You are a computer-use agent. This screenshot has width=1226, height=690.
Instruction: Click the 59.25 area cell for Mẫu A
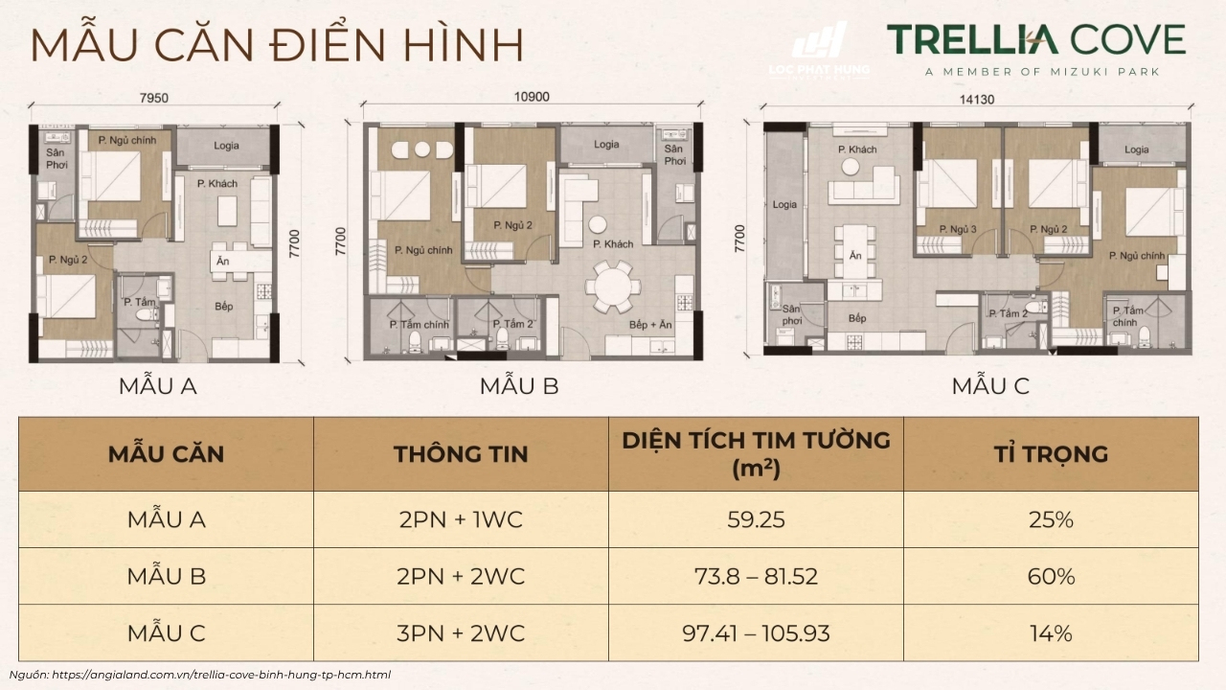point(756,520)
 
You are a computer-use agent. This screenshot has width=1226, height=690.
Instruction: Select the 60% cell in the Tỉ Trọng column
point(1050,577)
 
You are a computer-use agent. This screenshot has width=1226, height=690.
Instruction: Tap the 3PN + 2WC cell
point(461,633)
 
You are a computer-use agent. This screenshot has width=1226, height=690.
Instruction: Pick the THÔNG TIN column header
point(461,453)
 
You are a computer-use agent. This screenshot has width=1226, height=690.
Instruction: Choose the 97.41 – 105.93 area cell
point(756,633)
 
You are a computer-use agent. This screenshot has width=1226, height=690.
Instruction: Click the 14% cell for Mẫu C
point(1050,633)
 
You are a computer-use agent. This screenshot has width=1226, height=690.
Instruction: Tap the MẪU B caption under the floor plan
point(519,386)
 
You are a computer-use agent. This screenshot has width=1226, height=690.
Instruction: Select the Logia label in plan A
point(221,146)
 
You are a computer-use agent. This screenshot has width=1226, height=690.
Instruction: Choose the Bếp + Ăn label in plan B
point(651,325)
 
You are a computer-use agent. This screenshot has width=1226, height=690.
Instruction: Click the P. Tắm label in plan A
point(140,302)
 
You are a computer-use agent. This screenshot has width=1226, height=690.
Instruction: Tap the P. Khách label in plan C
point(857,149)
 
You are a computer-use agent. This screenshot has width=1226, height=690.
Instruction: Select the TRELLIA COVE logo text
point(1035,40)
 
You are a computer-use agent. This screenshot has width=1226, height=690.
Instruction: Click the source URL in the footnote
point(221,675)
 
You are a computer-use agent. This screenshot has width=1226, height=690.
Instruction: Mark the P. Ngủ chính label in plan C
point(1137,256)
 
